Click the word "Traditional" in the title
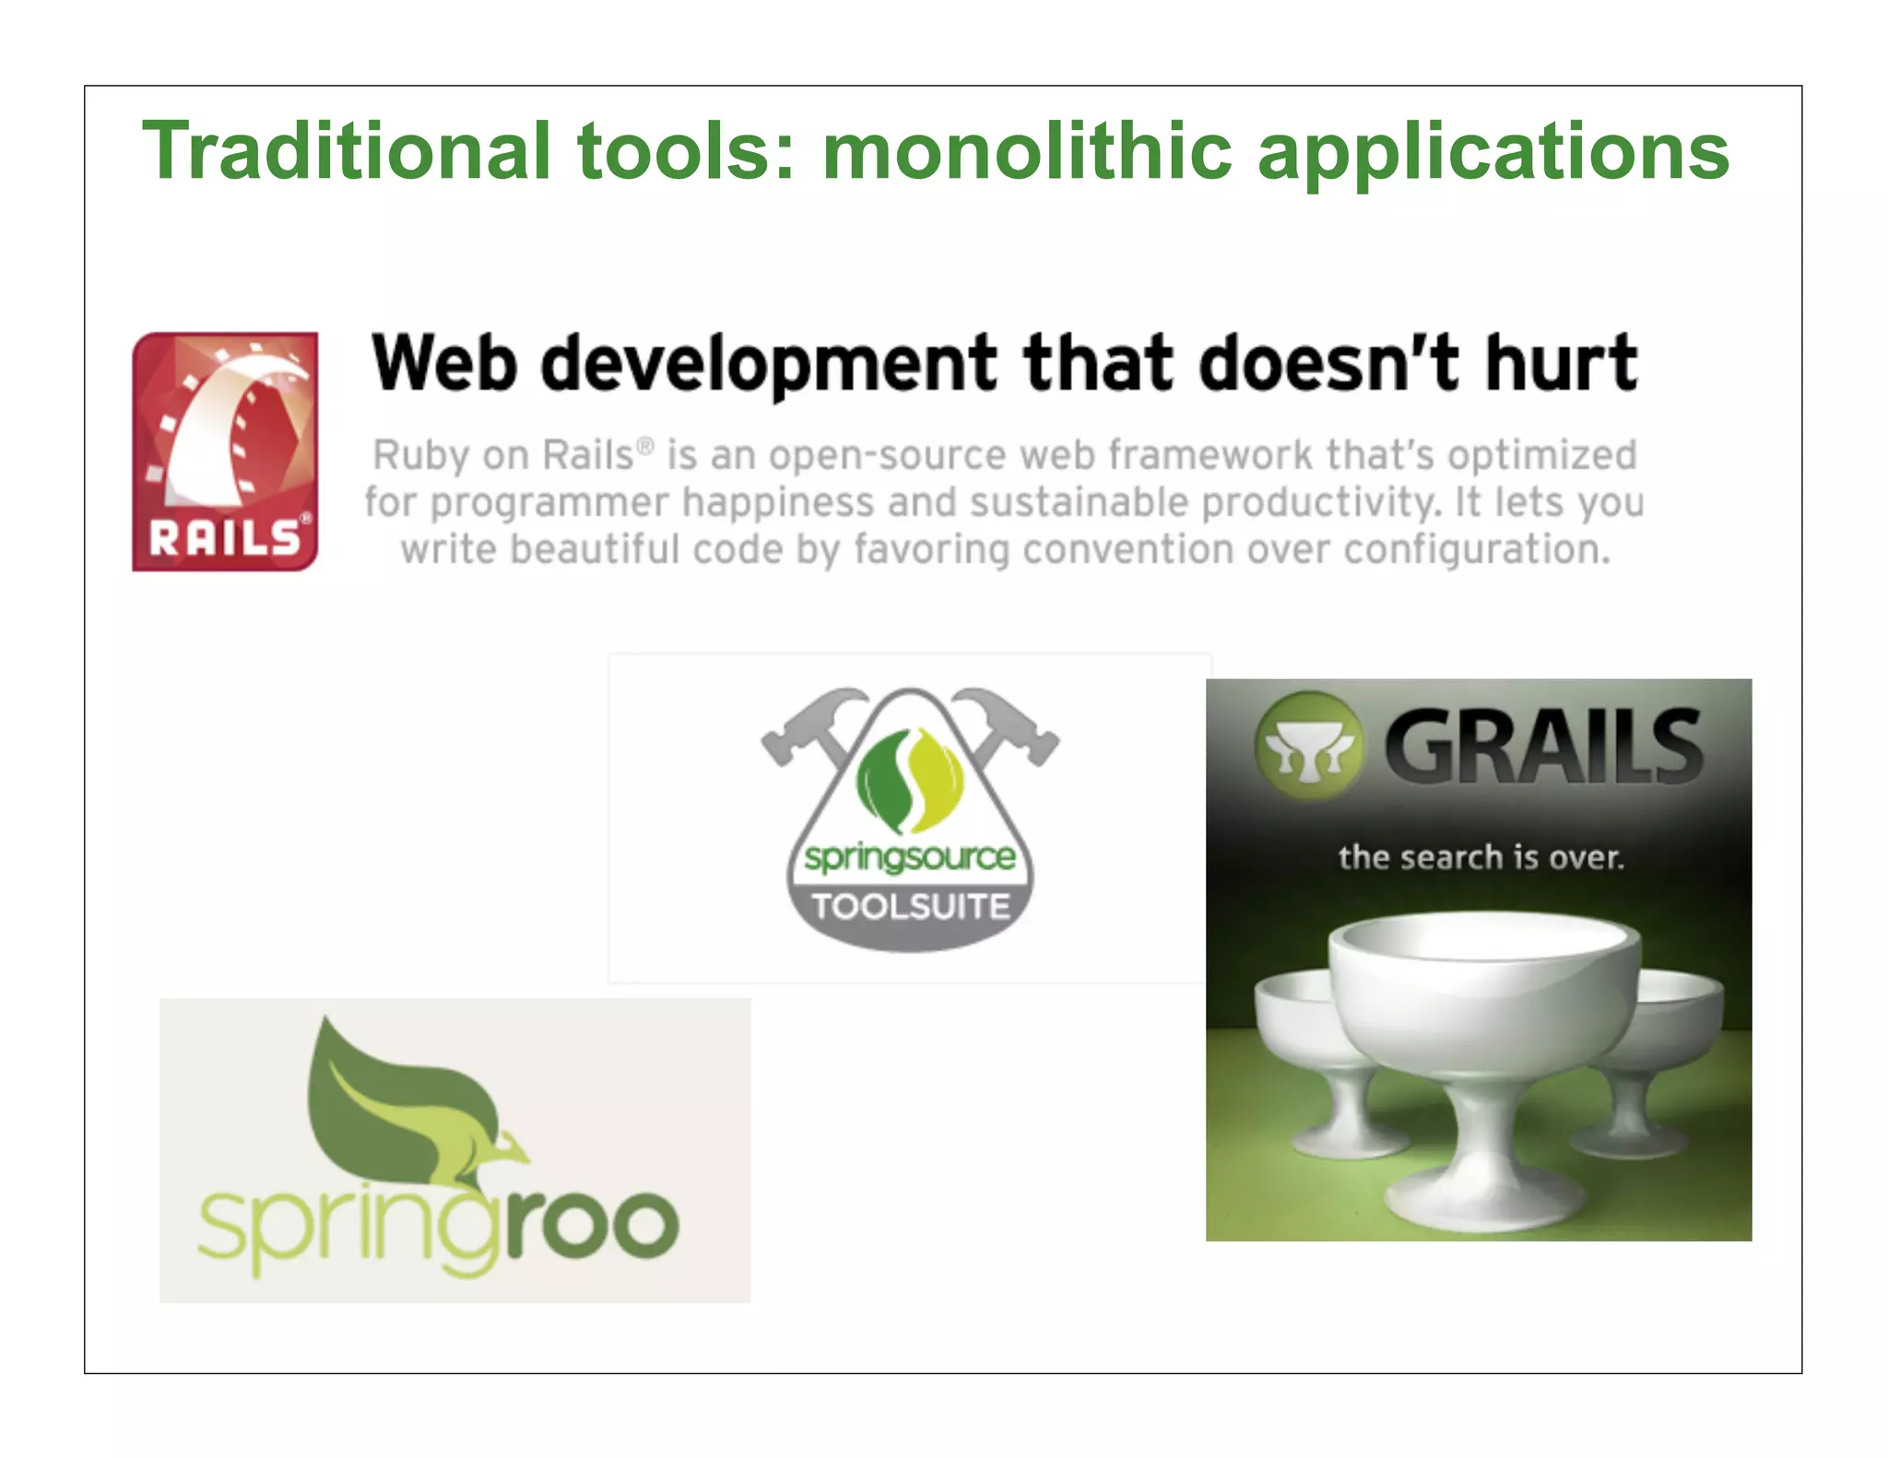point(347,151)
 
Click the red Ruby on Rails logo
point(225,451)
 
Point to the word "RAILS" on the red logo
point(225,538)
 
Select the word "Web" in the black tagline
point(443,363)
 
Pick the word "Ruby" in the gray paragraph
point(411,455)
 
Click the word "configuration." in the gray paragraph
point(1477,550)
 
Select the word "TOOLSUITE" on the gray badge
point(911,907)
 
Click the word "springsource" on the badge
point(910,858)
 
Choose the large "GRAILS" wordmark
point(1543,747)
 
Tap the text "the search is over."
point(1481,858)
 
